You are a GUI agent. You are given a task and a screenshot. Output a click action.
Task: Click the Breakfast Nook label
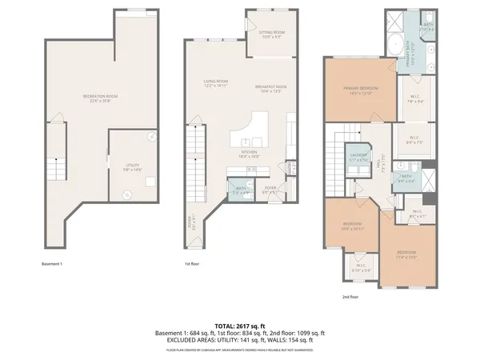269,88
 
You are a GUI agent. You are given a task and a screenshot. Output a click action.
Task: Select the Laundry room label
358,157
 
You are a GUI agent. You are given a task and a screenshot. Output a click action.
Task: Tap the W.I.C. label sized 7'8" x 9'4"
414,99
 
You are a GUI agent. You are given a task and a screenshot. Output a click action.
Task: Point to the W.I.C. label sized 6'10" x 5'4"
360,268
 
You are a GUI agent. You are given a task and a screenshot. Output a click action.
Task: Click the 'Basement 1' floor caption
52,264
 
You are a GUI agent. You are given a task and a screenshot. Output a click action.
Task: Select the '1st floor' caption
192,264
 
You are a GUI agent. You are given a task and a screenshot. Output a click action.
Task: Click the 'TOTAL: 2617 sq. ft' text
240,326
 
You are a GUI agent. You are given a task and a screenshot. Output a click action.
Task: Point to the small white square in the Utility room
150,181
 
